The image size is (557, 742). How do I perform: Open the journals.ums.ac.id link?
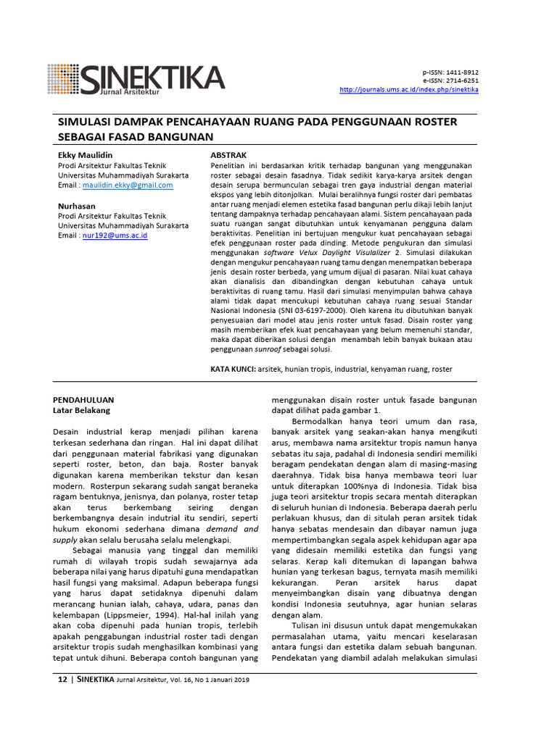(x=409, y=90)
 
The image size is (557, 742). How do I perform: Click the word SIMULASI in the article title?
(x=86, y=122)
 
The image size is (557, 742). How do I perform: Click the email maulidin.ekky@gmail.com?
(x=128, y=185)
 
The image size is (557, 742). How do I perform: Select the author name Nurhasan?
(x=76, y=207)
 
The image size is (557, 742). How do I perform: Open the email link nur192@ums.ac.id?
(x=116, y=235)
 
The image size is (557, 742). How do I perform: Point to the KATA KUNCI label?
(x=232, y=369)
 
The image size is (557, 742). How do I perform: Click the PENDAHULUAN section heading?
(x=83, y=399)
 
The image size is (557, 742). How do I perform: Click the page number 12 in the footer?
(x=62, y=680)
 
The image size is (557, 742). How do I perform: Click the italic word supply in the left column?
(x=65, y=540)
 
